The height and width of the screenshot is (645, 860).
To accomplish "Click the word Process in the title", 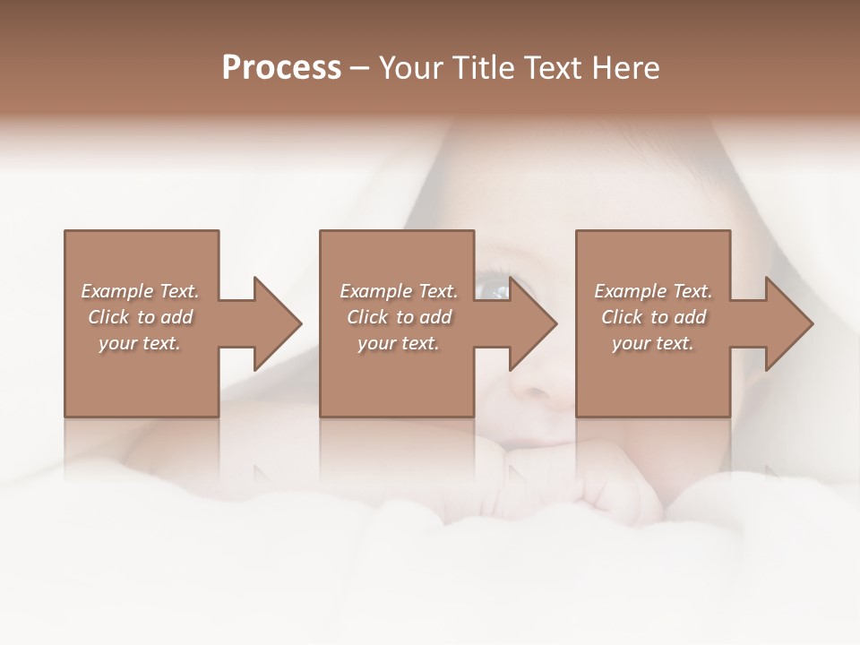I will pyautogui.click(x=281, y=68).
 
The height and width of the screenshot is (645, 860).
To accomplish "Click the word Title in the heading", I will pyautogui.click(x=481, y=68).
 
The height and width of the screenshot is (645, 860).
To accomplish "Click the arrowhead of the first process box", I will pyautogui.click(x=276, y=323).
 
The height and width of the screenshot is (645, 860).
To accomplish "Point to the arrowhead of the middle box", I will pyautogui.click(x=532, y=323).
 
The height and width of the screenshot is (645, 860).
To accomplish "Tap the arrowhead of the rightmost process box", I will pyautogui.click(x=788, y=323).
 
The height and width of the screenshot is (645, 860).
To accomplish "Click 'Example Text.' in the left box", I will pyautogui.click(x=140, y=291).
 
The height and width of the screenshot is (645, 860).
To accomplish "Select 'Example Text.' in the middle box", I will pyautogui.click(x=399, y=291).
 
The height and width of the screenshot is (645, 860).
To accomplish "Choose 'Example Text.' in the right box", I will pyautogui.click(x=653, y=291).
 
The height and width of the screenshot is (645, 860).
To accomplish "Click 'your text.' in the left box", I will pyautogui.click(x=140, y=343).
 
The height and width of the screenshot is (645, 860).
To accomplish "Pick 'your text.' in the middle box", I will pyautogui.click(x=399, y=343).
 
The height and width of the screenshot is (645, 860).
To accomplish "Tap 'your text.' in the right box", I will pyautogui.click(x=653, y=343).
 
